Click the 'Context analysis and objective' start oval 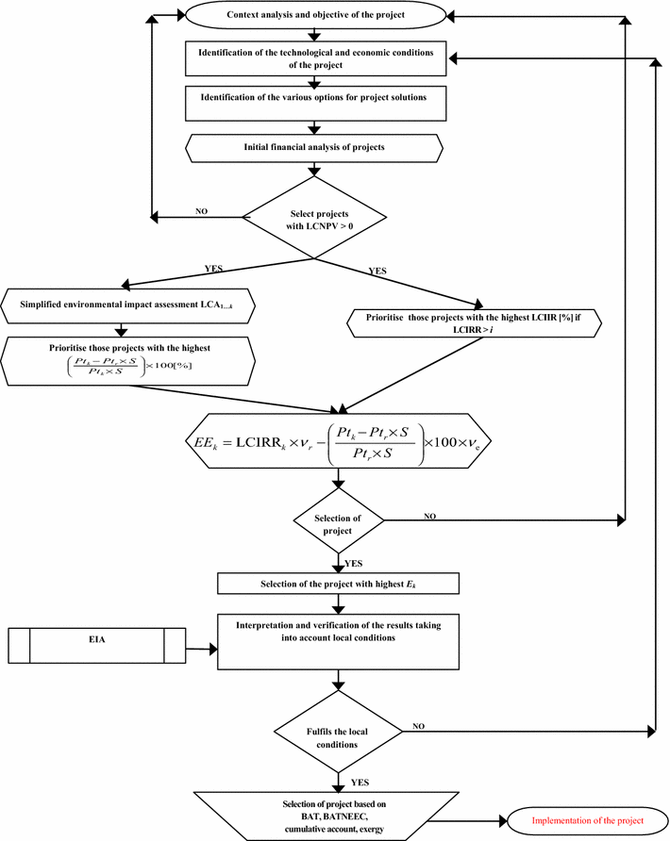click(x=315, y=16)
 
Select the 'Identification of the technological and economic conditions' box click(x=315, y=58)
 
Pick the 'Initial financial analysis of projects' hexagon click(x=315, y=148)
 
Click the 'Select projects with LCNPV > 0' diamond click(x=315, y=218)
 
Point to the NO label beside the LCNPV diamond click(x=201, y=212)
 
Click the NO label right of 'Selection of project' click(x=429, y=518)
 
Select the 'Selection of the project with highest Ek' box click(x=338, y=584)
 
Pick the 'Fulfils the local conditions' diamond click(x=337, y=733)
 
